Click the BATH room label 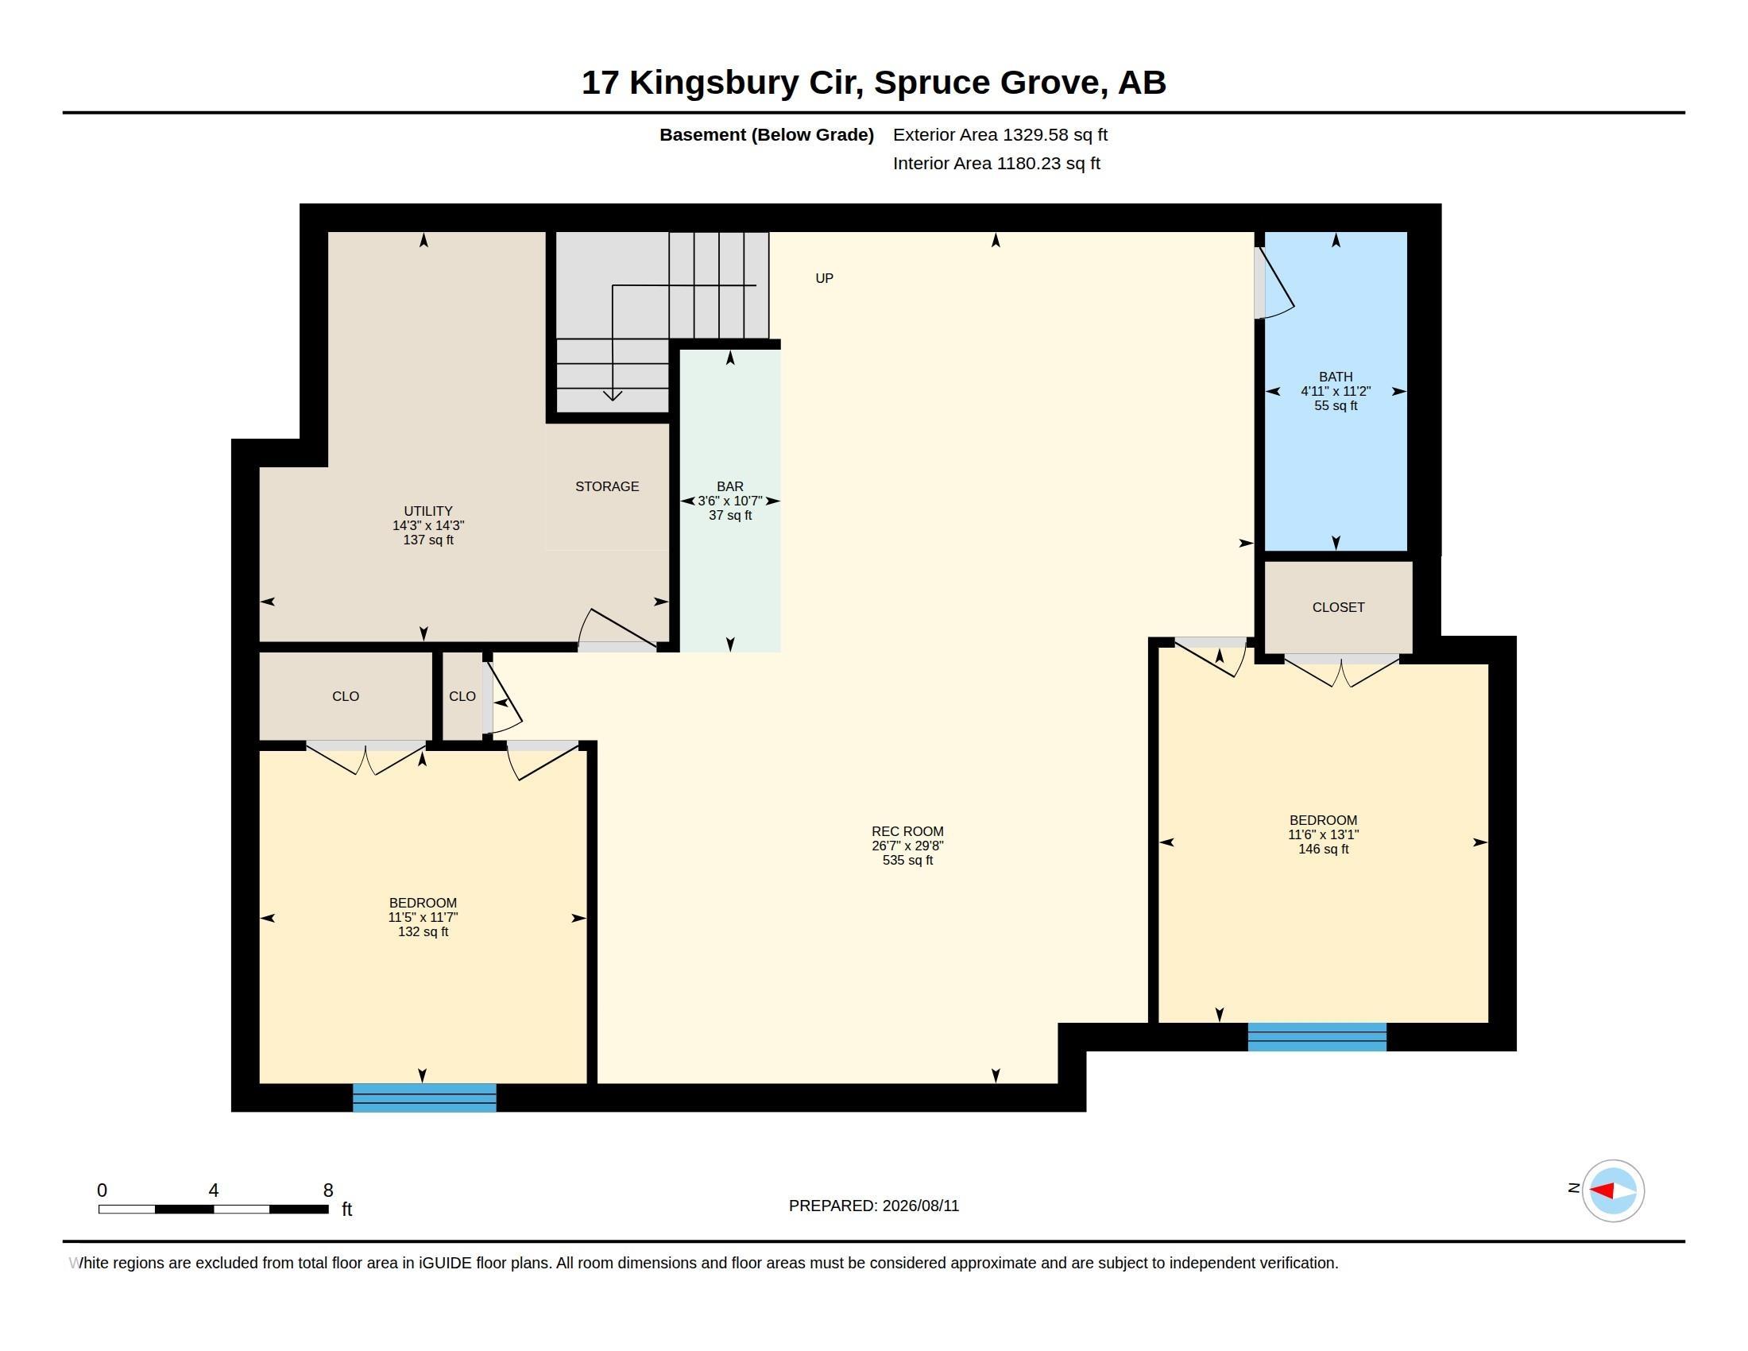(1335, 376)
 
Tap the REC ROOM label (907, 830)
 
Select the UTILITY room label (428, 511)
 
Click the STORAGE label (607, 486)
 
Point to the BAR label (730, 486)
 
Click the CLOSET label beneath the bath (1338, 606)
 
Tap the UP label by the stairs (825, 277)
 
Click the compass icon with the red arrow (1613, 1190)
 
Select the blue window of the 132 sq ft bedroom (424, 1097)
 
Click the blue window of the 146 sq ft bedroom (1317, 1036)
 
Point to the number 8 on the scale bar (328, 1190)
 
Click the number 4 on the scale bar (214, 1190)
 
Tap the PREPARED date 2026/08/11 (920, 1206)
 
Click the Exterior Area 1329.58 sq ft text (1000, 134)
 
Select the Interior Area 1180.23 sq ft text (996, 163)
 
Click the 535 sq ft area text (907, 860)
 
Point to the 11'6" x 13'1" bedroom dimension (1323, 834)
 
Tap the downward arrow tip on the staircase (613, 400)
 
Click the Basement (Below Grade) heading (767, 134)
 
